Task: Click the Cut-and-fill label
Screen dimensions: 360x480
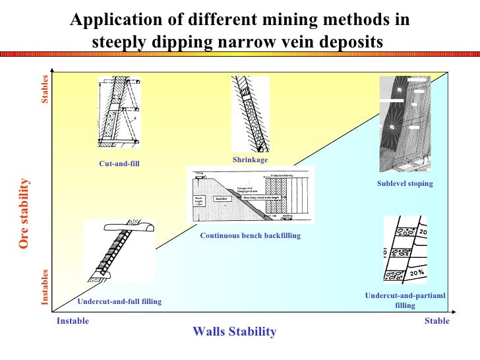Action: coord(120,164)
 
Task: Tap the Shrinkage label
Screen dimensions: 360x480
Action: coord(250,160)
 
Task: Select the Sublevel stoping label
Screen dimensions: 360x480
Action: coord(405,183)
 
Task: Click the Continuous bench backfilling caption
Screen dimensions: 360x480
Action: coord(250,235)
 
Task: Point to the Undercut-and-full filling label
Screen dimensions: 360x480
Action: coord(119,301)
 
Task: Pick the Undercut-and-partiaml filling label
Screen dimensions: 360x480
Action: coord(405,301)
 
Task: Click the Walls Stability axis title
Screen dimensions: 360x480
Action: coord(234,332)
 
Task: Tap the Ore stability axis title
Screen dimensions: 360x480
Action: coord(24,214)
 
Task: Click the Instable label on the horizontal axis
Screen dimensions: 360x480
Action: coord(73,321)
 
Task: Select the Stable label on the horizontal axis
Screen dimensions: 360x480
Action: coord(437,321)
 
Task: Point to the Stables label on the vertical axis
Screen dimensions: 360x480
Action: coord(45,90)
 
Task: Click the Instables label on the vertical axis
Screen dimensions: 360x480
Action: coord(45,286)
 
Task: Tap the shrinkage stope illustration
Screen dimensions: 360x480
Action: coord(251,113)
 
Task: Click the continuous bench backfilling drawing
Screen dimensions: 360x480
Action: coord(251,195)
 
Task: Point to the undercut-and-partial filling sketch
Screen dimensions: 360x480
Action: coord(405,250)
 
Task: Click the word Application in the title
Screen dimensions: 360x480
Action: coord(107,20)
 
